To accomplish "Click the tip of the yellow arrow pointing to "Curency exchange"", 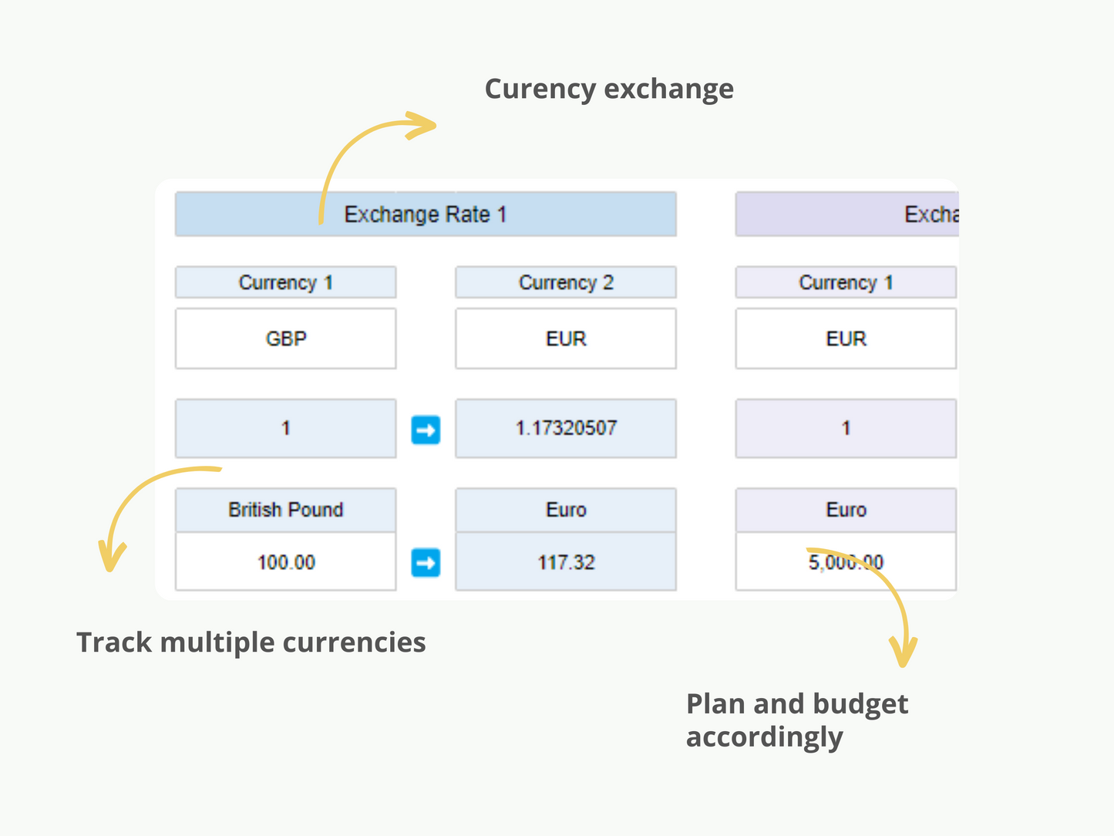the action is pyautogui.click(x=436, y=125).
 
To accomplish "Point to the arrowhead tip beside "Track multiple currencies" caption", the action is pyautogui.click(x=109, y=571).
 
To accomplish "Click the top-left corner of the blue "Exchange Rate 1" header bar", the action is pyautogui.click(x=176, y=192).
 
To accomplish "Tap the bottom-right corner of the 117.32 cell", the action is pyautogui.click(x=677, y=590).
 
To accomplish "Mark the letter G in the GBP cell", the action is pyautogui.click(x=272, y=339).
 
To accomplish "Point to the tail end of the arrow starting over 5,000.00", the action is pyautogui.click(x=807, y=548).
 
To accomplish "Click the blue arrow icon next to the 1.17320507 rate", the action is pyautogui.click(x=426, y=430).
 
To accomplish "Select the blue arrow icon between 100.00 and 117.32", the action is pyautogui.click(x=426, y=562).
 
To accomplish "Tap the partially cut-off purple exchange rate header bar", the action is pyautogui.click(x=847, y=214).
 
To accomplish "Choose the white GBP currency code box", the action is pyautogui.click(x=286, y=339).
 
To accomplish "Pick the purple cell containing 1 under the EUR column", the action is pyautogui.click(x=846, y=428).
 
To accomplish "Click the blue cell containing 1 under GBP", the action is pyautogui.click(x=286, y=428).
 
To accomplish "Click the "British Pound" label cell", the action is pyautogui.click(x=286, y=510).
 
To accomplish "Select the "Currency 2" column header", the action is pyautogui.click(x=566, y=282).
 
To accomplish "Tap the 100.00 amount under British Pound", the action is pyautogui.click(x=286, y=562).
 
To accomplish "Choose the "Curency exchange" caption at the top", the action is pyautogui.click(x=609, y=89).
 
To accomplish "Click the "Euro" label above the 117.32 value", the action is pyautogui.click(x=566, y=510).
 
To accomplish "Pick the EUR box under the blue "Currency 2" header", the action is pyautogui.click(x=566, y=339).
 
